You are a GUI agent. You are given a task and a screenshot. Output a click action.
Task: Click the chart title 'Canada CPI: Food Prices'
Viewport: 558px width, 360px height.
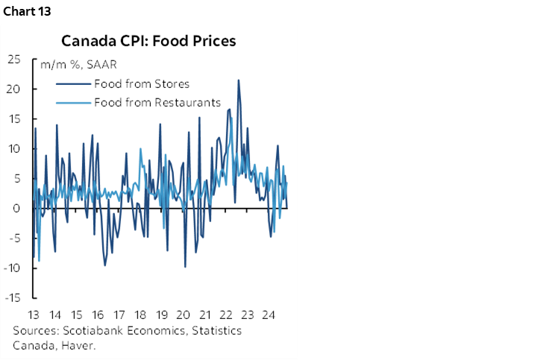pos(148,40)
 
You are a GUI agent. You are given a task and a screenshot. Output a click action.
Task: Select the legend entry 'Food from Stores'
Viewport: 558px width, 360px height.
pos(142,83)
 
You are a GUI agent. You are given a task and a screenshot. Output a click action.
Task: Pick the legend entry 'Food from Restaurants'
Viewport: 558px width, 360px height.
pos(157,102)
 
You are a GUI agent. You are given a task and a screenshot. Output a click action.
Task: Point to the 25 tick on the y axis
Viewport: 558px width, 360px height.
pos(15,59)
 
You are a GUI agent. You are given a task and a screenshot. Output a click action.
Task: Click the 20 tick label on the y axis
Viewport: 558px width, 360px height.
pos(15,89)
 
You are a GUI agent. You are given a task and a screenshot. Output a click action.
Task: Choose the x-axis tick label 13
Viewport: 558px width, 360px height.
pos(34,314)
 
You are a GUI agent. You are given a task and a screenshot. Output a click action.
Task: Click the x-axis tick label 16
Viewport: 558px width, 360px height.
pos(98,314)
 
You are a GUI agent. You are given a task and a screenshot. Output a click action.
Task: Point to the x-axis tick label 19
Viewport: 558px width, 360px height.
pos(162,314)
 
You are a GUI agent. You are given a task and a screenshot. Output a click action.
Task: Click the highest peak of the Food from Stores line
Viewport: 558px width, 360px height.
pos(238,80)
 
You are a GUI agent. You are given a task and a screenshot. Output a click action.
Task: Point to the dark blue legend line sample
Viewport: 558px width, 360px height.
pos(73,83)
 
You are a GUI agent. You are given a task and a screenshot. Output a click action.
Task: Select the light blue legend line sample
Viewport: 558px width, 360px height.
pos(73,102)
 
